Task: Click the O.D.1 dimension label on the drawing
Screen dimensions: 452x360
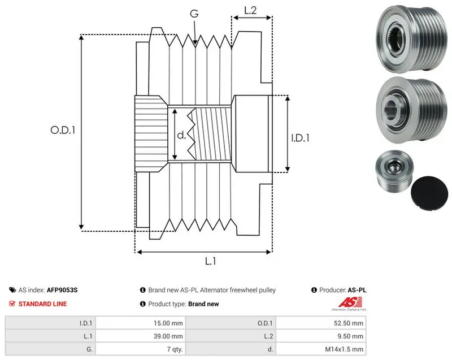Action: [63, 131]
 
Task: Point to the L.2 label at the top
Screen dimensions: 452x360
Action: [250, 10]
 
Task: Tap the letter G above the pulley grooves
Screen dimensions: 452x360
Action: [194, 13]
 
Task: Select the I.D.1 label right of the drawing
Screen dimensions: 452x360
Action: [300, 138]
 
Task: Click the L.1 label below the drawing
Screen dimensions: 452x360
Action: [210, 261]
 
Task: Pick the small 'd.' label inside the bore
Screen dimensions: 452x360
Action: [181, 135]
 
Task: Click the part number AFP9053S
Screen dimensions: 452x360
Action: [62, 290]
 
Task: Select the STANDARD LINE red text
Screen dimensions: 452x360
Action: [43, 304]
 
